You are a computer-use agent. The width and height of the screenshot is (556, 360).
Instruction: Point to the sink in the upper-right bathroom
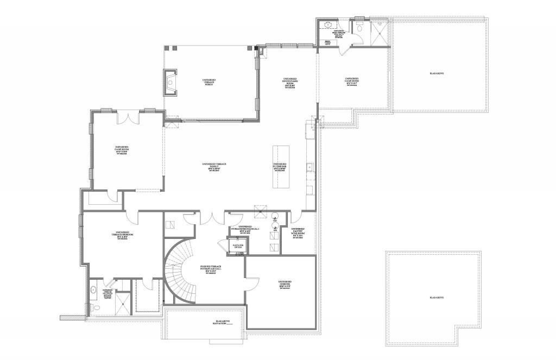point(328,25)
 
